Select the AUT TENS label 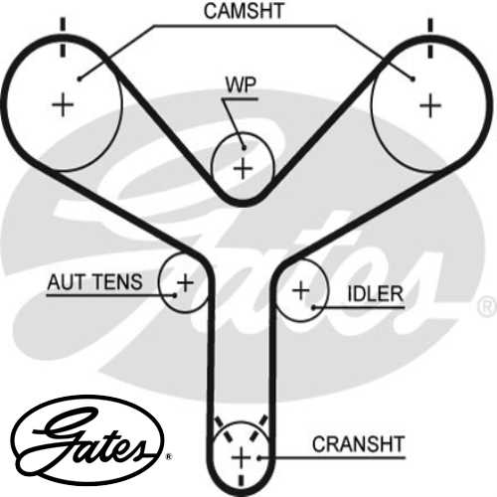(95, 282)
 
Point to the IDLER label (375, 294)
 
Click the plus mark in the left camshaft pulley (63, 103)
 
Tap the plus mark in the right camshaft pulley (429, 103)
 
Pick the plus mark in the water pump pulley (243, 168)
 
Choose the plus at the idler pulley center (300, 291)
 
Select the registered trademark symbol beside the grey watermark (486, 305)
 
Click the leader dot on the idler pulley (314, 308)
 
